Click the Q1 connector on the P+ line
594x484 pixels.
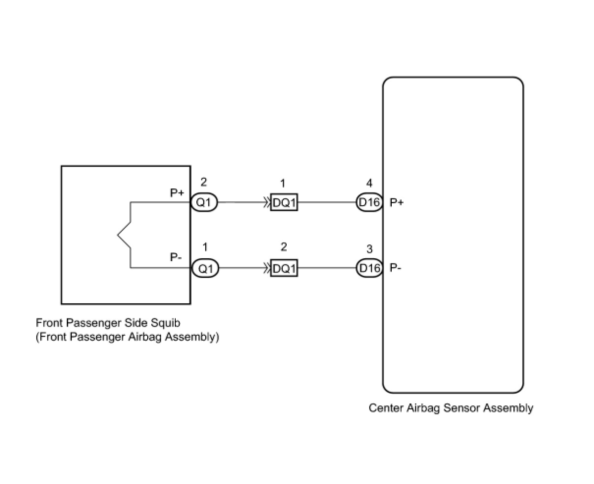coord(204,202)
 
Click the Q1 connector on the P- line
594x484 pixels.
coord(205,269)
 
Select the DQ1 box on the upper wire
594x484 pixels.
coord(284,202)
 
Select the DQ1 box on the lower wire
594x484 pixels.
coord(284,269)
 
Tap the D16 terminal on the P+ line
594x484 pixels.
coord(369,202)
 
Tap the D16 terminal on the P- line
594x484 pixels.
coord(369,269)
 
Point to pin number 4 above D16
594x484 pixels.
coord(369,184)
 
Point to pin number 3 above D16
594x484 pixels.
coord(369,250)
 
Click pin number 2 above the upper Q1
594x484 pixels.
coord(204,183)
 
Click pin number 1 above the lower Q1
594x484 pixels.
coord(205,247)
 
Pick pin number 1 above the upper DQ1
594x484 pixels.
coord(283,184)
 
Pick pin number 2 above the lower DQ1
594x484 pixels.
coord(284,247)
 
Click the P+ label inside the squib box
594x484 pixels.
coord(177,193)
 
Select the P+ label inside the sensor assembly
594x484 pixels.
coord(397,202)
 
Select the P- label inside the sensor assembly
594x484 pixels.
coord(396,268)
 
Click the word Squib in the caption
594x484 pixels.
coord(166,323)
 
